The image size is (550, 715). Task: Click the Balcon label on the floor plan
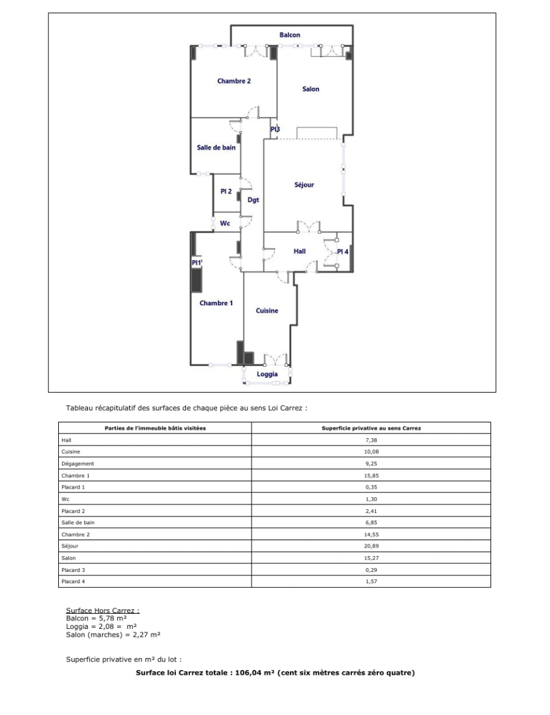pyautogui.click(x=289, y=35)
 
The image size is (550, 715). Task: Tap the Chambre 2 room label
pyautogui.click(x=234, y=81)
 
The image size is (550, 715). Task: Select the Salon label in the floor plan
pyautogui.click(x=310, y=89)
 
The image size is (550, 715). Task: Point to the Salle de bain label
pyautogui.click(x=216, y=148)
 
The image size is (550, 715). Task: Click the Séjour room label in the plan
pyautogui.click(x=304, y=185)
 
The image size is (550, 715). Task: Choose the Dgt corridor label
pyautogui.click(x=253, y=199)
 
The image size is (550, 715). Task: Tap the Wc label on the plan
pyautogui.click(x=225, y=224)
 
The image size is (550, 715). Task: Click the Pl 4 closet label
pyautogui.click(x=343, y=252)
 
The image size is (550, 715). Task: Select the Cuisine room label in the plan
pyautogui.click(x=267, y=310)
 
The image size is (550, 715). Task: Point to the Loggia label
pyautogui.click(x=267, y=374)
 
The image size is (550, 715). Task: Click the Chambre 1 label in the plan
pyautogui.click(x=216, y=303)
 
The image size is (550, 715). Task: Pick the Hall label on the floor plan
pyautogui.click(x=300, y=252)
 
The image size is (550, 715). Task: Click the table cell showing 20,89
pyautogui.click(x=371, y=546)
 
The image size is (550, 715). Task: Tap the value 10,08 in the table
pyautogui.click(x=371, y=452)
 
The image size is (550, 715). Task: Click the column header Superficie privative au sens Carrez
pyautogui.click(x=371, y=428)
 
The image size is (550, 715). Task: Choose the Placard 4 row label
pyautogui.click(x=73, y=581)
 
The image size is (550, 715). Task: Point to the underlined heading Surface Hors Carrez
pyautogui.click(x=103, y=610)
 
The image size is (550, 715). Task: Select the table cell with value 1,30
pyautogui.click(x=371, y=499)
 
